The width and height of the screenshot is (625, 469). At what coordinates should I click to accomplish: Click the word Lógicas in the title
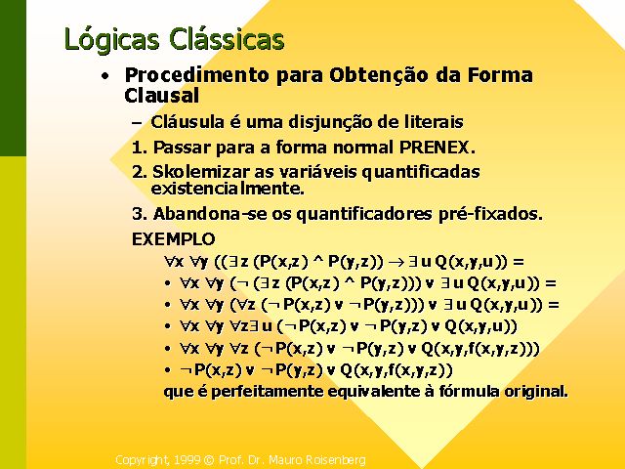(111, 40)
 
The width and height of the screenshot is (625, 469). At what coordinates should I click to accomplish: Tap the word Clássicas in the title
(227, 39)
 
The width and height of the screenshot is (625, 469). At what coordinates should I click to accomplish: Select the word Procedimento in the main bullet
(197, 75)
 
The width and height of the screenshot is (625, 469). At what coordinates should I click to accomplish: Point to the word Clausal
(161, 96)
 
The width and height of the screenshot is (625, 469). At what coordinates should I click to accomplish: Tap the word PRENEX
(437, 148)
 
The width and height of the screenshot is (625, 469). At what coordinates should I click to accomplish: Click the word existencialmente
(228, 189)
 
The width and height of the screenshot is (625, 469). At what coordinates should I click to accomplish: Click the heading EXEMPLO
(174, 239)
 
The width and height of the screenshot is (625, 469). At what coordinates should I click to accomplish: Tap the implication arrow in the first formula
(396, 262)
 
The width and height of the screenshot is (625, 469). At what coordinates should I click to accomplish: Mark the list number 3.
(140, 214)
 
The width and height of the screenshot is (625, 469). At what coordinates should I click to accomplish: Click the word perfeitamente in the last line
(267, 392)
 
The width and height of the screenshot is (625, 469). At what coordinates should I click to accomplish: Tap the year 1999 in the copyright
(187, 460)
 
